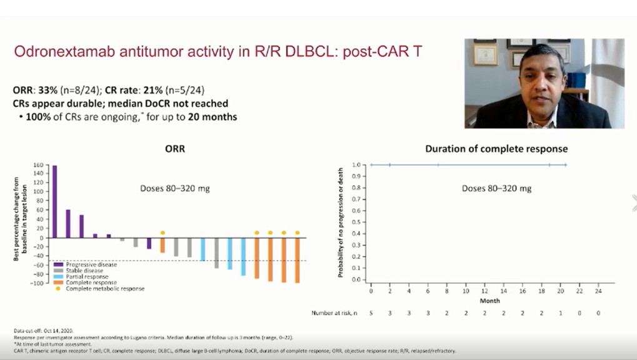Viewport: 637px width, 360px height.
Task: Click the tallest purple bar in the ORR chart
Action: click(54, 201)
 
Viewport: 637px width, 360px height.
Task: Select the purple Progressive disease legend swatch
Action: click(58, 264)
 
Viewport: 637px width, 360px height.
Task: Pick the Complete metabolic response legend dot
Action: click(58, 289)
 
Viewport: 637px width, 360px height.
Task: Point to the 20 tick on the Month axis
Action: click(561, 291)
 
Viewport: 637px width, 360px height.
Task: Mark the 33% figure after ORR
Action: click(48, 91)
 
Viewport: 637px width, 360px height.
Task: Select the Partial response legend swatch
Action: click(58, 276)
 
